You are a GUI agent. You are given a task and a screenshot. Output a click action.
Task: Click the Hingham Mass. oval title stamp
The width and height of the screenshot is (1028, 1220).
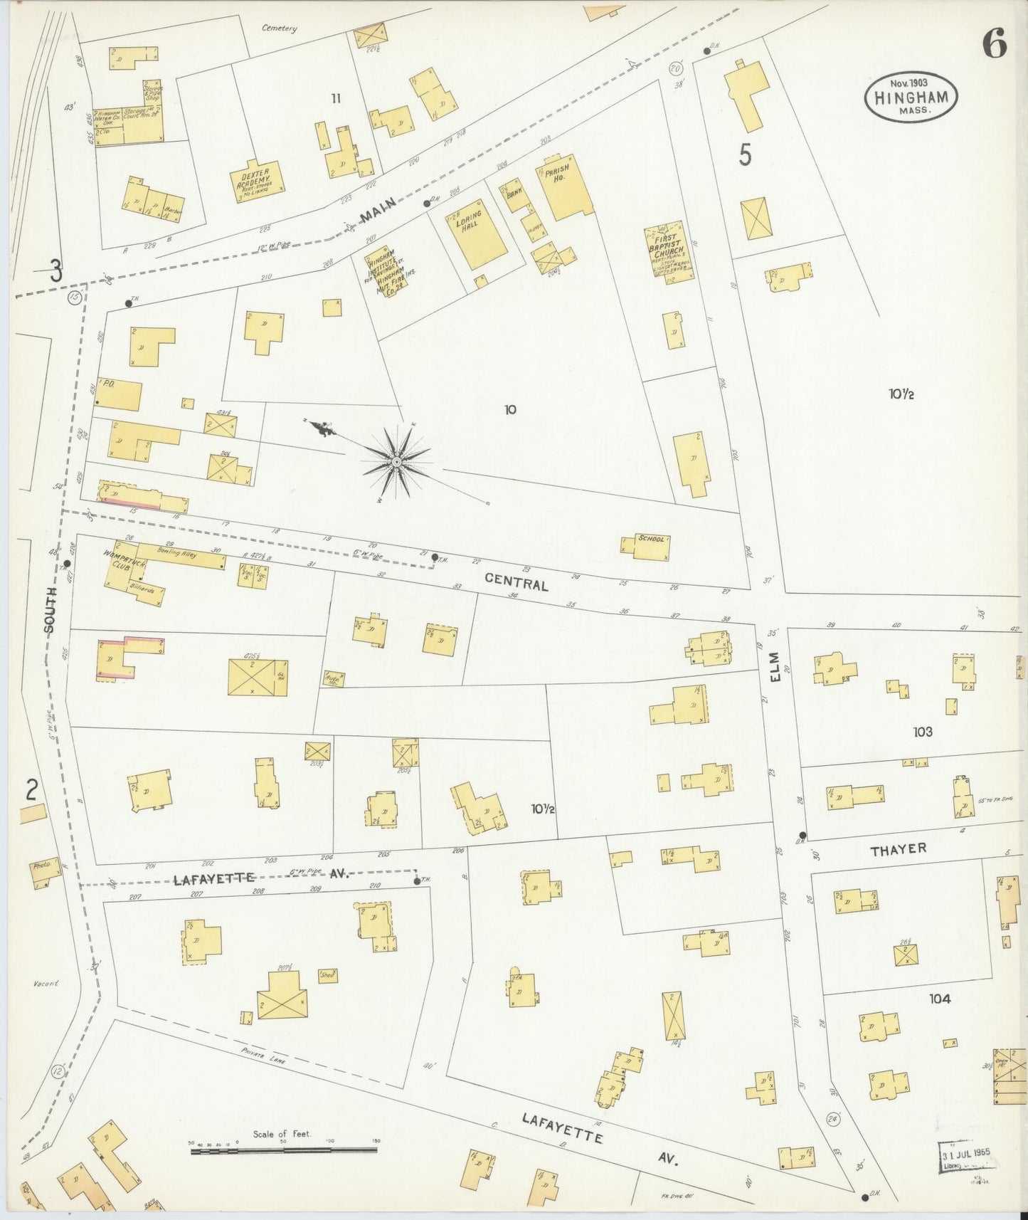[911, 98]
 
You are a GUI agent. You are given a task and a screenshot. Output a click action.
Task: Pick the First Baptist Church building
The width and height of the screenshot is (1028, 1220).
[669, 253]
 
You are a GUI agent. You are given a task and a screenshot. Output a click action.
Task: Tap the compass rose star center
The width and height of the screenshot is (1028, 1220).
[396, 463]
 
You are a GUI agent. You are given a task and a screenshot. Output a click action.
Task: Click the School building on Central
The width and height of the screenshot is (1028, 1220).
[646, 546]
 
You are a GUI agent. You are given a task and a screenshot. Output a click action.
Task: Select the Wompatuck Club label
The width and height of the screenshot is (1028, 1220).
[117, 561]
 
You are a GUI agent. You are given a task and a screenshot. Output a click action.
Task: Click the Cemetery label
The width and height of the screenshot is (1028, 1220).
[279, 28]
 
